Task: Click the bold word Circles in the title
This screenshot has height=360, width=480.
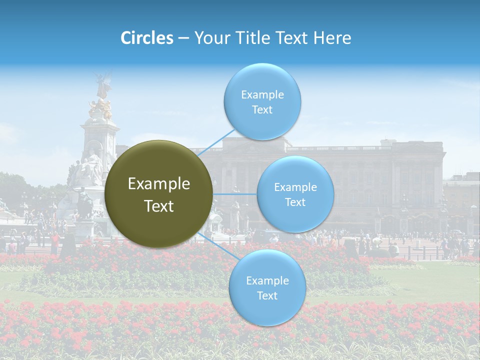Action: pos(147,38)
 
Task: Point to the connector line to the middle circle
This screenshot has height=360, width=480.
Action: pos(234,194)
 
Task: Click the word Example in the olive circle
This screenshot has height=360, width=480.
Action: pos(159,184)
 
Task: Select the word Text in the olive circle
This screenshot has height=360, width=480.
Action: pos(159,206)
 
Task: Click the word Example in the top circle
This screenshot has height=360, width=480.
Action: pos(262,94)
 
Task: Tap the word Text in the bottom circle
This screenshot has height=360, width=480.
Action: pos(267,295)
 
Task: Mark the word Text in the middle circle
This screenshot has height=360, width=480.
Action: pos(295,202)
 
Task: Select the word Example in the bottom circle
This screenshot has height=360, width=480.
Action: pos(267,280)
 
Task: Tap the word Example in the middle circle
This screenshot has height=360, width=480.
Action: pos(295,187)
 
